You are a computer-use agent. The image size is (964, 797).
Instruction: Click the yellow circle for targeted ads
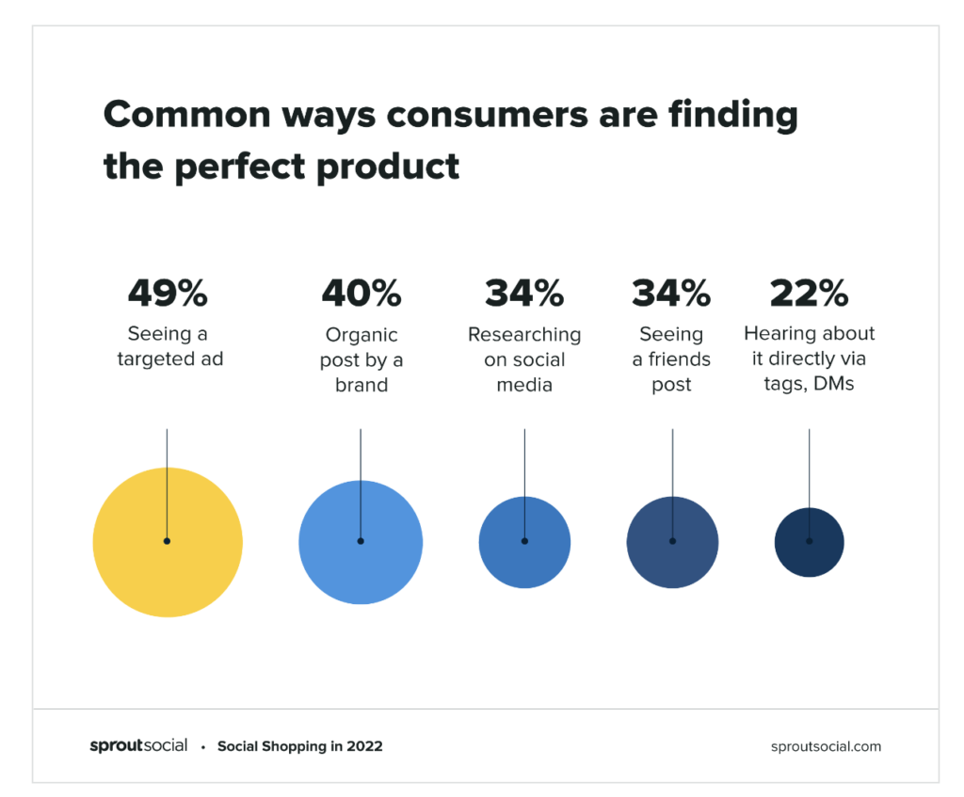click(x=168, y=542)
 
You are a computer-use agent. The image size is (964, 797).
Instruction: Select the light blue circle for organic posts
click(x=361, y=542)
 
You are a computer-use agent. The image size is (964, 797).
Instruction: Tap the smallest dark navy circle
click(x=809, y=542)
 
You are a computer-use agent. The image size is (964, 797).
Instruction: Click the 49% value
click(x=168, y=293)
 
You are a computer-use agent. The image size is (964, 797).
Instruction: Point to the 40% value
click(x=361, y=293)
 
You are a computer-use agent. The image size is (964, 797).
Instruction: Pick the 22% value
click(x=809, y=293)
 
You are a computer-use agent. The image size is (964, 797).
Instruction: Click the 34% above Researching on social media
click(x=524, y=293)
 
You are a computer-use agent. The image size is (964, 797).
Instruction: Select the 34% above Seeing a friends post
click(x=671, y=293)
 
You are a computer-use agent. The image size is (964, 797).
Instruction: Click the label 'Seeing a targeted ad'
click(x=169, y=346)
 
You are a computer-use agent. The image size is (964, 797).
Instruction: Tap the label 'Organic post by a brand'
click(x=361, y=359)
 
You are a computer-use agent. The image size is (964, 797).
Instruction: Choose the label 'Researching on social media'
click(x=524, y=359)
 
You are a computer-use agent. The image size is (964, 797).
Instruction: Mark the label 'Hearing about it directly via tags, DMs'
click(x=809, y=359)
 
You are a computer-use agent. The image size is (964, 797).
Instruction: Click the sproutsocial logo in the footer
click(x=138, y=746)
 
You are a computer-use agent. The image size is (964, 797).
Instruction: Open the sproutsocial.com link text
click(x=826, y=746)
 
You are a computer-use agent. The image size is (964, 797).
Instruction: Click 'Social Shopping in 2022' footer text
click(x=300, y=746)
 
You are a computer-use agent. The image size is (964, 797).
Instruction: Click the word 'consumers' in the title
click(x=487, y=115)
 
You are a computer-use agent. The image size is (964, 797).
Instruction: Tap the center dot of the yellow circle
click(x=167, y=541)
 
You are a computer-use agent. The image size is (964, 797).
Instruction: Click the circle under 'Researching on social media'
click(x=524, y=542)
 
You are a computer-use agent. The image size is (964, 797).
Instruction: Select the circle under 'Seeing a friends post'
click(x=672, y=542)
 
